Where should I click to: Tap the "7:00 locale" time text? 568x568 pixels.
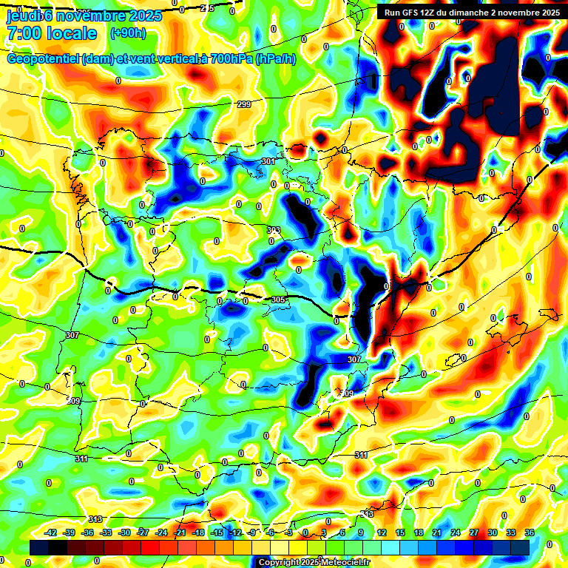(52, 33)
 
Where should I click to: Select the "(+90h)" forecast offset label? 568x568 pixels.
(128, 33)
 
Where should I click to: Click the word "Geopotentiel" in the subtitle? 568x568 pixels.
(44, 59)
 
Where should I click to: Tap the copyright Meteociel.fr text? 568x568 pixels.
(314, 563)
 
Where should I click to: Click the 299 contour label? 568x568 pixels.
(245, 104)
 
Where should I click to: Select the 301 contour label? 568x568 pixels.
(268, 161)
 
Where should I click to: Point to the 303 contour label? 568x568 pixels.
(274, 231)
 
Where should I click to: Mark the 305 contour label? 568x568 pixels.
(278, 300)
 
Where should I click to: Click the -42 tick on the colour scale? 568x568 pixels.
(50, 533)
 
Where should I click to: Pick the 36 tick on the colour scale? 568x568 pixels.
(530, 533)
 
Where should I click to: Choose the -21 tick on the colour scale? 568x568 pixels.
(180, 533)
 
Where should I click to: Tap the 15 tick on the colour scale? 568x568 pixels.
(399, 533)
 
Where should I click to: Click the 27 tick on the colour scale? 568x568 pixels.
(474, 533)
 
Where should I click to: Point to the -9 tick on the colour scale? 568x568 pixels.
(254, 533)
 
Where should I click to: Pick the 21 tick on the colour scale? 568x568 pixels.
(436, 533)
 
